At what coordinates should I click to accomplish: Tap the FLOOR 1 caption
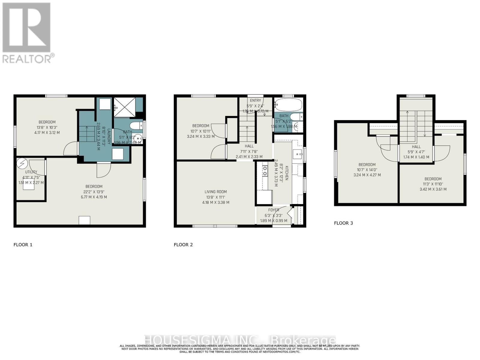click(x=23, y=244)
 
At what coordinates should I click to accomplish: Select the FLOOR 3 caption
click(x=343, y=223)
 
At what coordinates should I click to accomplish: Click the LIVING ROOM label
click(x=215, y=192)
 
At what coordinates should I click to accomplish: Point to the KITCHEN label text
click(x=286, y=173)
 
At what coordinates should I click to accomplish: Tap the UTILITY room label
click(x=31, y=172)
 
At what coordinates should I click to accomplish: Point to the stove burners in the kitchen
click(x=265, y=170)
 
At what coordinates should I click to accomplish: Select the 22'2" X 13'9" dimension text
click(x=94, y=192)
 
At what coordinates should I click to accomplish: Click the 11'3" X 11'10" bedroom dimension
click(x=433, y=184)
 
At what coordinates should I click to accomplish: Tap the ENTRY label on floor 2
click(x=255, y=100)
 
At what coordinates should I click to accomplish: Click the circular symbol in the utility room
click(x=22, y=163)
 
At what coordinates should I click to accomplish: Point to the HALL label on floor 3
click(x=416, y=147)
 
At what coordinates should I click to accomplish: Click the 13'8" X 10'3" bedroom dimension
click(x=47, y=127)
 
